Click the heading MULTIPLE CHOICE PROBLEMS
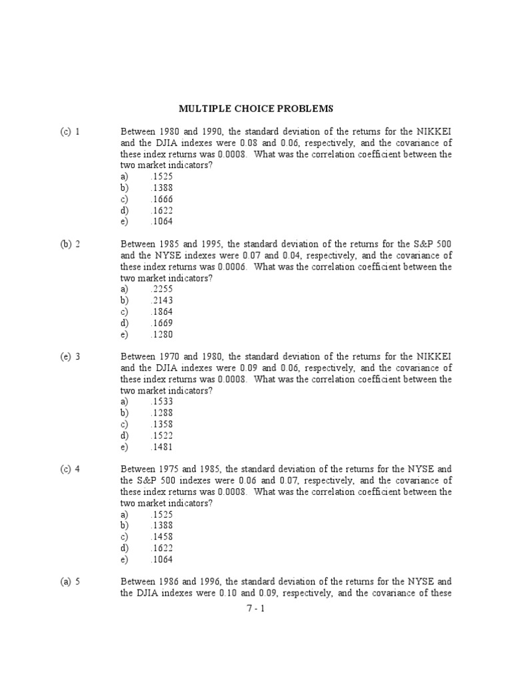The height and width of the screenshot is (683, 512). coord(255,108)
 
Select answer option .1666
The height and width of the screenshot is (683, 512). coord(162,199)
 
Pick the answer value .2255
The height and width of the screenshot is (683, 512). coord(162,289)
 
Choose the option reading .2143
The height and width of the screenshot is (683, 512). coord(162,300)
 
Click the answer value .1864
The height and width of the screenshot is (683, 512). coord(162,311)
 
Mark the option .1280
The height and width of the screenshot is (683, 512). coord(162,334)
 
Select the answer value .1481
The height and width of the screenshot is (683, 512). coord(162,447)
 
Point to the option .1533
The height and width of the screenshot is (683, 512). coord(162,402)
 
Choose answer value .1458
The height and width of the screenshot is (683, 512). coord(162,537)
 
